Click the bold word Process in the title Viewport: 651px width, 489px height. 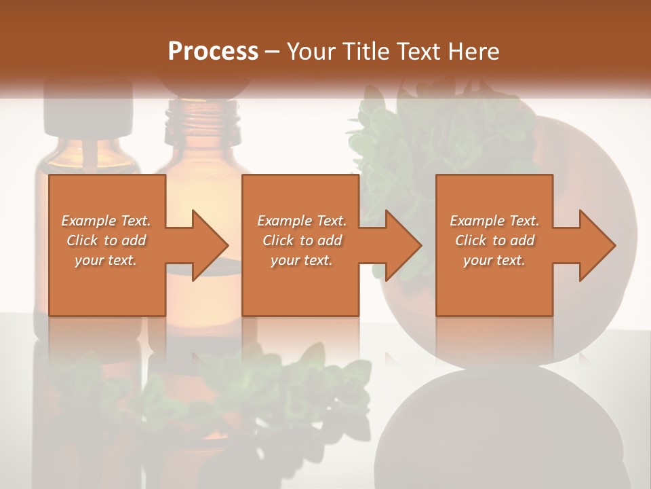213,52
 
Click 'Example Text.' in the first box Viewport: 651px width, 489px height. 106,221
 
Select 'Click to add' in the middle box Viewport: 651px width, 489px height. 302,240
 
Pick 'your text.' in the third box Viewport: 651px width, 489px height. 494,260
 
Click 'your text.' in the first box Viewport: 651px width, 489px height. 106,260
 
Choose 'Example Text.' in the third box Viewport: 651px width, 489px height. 494,221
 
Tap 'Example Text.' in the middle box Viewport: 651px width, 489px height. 302,221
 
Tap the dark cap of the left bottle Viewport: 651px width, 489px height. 88,109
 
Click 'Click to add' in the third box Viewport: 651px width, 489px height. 494,240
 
